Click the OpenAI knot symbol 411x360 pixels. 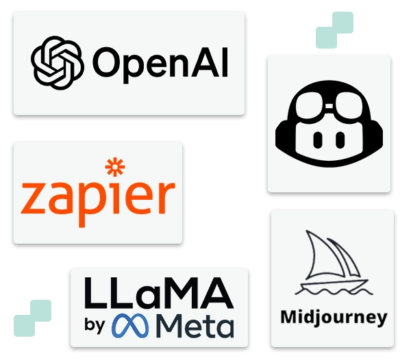(x=58, y=63)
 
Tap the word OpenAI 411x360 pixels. (x=160, y=65)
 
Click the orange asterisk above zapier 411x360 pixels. (x=115, y=167)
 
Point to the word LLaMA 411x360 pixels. (x=159, y=293)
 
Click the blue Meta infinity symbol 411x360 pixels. (x=130, y=326)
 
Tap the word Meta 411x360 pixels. (x=195, y=326)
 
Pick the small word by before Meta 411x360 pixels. (x=95, y=326)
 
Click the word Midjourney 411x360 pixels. (x=334, y=318)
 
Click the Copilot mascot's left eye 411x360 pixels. (x=317, y=140)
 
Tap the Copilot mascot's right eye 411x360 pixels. (x=340, y=140)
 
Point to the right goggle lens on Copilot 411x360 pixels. (x=349, y=107)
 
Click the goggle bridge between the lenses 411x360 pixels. (x=329, y=106)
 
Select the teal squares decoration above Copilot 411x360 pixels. (x=334, y=30)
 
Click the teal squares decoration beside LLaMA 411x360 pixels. (x=32, y=318)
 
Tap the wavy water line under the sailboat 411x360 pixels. (x=334, y=291)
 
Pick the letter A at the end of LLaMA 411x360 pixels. (x=219, y=293)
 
